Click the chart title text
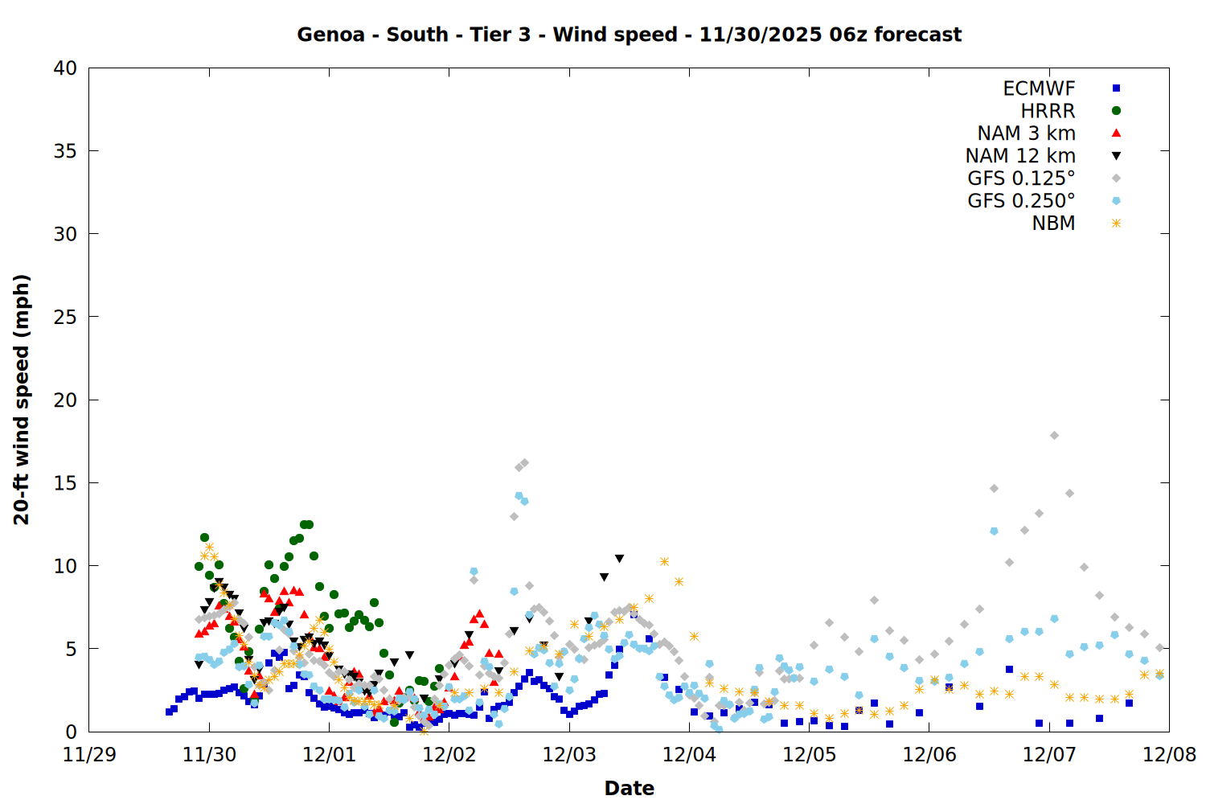click(x=629, y=35)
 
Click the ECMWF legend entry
click(x=1039, y=88)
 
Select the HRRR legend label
click(x=1048, y=111)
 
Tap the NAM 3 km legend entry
click(x=1026, y=133)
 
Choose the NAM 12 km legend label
click(x=1020, y=156)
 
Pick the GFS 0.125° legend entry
click(x=1021, y=178)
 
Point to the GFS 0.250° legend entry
click(x=1021, y=201)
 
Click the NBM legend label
click(x=1053, y=224)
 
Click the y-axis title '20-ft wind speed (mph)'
click(x=22, y=400)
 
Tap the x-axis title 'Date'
click(x=629, y=788)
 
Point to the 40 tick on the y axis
click(x=66, y=68)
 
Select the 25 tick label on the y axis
click(x=66, y=317)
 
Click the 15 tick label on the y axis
click(x=66, y=483)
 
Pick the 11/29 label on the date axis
click(x=89, y=755)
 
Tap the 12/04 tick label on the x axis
click(x=689, y=755)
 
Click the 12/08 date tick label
click(x=1169, y=755)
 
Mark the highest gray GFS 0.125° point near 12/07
click(x=1054, y=436)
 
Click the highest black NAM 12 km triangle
click(x=619, y=559)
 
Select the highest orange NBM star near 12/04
click(x=664, y=562)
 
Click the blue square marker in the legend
click(x=1116, y=88)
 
